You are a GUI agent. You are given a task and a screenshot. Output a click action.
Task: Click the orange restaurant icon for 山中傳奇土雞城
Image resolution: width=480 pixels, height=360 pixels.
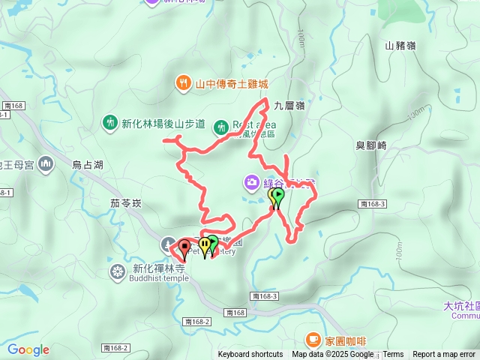click(x=182, y=84)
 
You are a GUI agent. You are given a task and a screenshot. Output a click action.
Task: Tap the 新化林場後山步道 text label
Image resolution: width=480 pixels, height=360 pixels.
click(x=163, y=124)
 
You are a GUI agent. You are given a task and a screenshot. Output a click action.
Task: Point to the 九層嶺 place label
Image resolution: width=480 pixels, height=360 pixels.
click(x=288, y=106)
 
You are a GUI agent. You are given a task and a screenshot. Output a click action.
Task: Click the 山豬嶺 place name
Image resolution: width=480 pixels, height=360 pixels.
click(x=399, y=46)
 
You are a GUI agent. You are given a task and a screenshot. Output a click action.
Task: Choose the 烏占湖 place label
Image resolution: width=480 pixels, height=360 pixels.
click(x=87, y=165)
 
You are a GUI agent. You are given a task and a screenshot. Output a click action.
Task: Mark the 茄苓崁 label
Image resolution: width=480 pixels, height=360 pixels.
click(x=125, y=202)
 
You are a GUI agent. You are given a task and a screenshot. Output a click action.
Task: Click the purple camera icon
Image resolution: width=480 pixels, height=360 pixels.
click(x=251, y=182)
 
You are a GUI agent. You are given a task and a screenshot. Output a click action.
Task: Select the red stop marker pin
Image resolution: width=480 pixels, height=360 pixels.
click(x=184, y=247)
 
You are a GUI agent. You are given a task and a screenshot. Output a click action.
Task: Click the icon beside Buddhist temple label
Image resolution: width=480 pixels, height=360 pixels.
click(x=118, y=271)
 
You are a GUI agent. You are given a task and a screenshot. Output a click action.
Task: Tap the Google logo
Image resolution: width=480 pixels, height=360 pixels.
click(x=28, y=349)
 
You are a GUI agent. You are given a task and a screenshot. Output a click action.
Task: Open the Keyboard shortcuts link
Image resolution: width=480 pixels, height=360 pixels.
click(x=250, y=355)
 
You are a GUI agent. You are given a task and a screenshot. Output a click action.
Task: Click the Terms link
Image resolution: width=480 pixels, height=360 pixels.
click(x=393, y=355)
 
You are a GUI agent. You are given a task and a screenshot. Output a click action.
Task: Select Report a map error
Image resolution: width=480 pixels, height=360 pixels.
click(x=444, y=355)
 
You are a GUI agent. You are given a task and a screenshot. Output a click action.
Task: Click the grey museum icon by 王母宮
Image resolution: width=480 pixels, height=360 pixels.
click(x=46, y=163)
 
